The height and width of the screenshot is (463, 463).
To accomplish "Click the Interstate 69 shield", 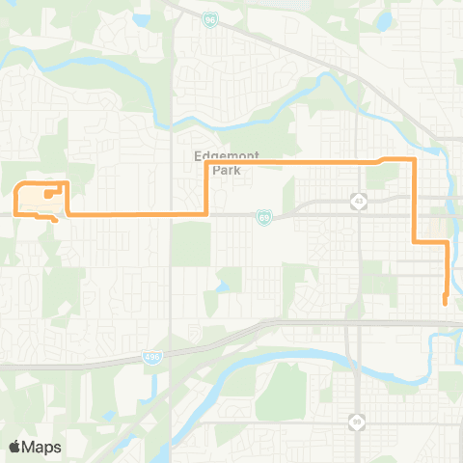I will (x=264, y=219).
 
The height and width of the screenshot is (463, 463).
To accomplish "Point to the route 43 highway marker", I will (x=358, y=201).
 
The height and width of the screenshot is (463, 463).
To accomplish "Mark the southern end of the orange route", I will (x=445, y=303).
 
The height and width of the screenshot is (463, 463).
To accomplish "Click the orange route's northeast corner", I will (x=414, y=159).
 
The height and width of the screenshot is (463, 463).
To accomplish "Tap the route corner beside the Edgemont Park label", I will (x=207, y=164).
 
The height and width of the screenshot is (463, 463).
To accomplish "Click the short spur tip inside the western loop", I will (x=46, y=195).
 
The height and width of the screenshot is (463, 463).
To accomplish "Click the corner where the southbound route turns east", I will (x=415, y=241).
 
